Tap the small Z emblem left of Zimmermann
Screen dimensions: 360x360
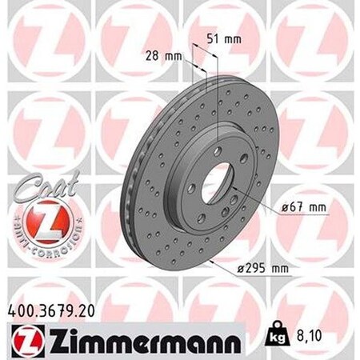(x=18, y=332)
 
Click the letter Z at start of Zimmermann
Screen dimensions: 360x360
(x=48, y=332)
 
